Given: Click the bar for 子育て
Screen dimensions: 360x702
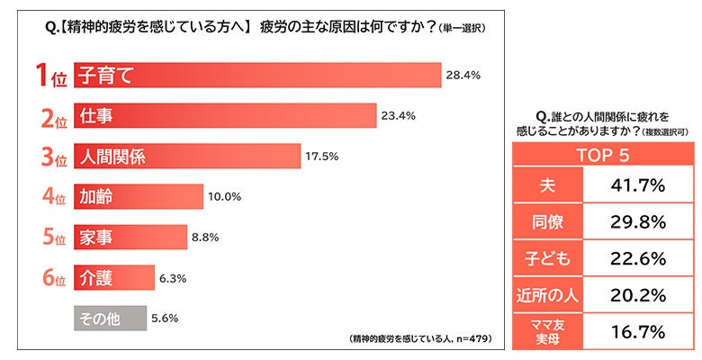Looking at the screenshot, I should coord(256,76).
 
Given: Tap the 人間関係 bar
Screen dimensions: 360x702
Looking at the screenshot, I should coord(186,157).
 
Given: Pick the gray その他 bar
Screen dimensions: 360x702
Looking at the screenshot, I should coord(109,319).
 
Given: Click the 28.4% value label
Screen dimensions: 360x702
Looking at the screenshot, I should coord(463,76).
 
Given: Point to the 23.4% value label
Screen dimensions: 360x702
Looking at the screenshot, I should coord(398,116).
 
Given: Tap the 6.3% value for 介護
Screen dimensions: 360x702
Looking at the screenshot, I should coord(174,278).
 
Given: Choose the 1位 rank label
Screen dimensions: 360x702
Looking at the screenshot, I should coord(49,76).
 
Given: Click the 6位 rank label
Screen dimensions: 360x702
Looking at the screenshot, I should coord(49,279).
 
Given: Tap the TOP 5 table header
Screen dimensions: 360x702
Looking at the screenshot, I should coord(601,154).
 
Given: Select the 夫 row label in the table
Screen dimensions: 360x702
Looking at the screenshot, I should coord(548,185).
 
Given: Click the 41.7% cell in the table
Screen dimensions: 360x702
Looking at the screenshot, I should coord(637,185).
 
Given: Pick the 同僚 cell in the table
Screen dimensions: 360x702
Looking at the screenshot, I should coord(548,222).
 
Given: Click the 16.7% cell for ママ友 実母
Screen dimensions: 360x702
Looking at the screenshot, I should coord(637,332).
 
